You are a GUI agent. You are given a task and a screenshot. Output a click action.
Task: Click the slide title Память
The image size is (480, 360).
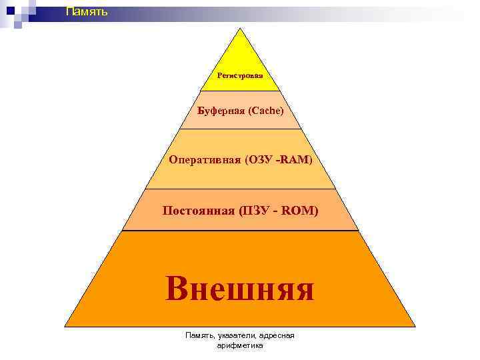(86, 11)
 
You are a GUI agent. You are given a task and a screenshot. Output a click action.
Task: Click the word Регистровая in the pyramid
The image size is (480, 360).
(240, 75)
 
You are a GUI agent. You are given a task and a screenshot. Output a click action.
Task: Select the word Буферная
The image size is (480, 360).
(221, 110)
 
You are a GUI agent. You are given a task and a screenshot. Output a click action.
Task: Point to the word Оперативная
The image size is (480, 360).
(205, 160)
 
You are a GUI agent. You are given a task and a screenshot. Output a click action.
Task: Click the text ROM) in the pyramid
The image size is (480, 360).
(301, 211)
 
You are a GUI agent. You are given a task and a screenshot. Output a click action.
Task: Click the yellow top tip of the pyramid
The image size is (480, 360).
(240, 53)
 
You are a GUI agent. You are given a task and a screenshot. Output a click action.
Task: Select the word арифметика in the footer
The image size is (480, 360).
(240, 346)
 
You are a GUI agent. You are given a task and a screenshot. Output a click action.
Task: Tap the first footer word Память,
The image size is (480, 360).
(199, 336)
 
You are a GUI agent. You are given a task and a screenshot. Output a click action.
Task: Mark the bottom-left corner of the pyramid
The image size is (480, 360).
(65, 326)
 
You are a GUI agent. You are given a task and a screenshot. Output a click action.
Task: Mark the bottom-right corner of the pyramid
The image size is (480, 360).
(415, 326)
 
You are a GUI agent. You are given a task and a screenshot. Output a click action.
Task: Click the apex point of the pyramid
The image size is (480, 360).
(240, 28)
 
